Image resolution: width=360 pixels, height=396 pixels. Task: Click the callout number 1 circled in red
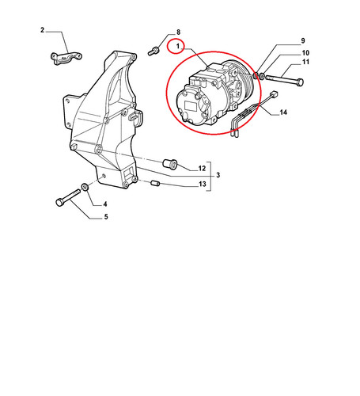coord(178,46)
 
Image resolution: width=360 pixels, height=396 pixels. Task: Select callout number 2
coord(43,30)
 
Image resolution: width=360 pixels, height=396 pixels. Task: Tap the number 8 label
coord(178,32)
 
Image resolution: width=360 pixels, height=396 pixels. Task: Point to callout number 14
coord(283,112)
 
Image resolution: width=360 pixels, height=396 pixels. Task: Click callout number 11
coord(305,62)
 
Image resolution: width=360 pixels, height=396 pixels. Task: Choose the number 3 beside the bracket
coord(218,175)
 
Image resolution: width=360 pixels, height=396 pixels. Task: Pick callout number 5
coord(106,217)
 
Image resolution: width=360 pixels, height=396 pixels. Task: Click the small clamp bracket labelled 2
coord(66,58)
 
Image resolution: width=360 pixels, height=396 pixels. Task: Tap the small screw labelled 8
coord(153,51)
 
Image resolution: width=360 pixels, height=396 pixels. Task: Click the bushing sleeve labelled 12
coord(170,164)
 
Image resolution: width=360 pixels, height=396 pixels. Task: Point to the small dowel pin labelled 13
coord(155,183)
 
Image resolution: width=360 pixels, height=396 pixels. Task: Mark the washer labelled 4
coord(85,187)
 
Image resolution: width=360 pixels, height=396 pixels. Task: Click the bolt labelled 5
coord(68,198)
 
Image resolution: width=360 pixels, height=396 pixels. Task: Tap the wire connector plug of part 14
coord(275,93)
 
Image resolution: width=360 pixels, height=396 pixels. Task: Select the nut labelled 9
coord(256,75)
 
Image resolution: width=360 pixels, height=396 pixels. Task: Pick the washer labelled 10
coord(262,76)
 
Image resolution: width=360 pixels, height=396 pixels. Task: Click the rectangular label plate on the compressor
coord(191,105)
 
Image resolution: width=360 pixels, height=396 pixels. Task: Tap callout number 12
coord(202,168)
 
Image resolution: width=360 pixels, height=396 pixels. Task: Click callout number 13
coord(203,184)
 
